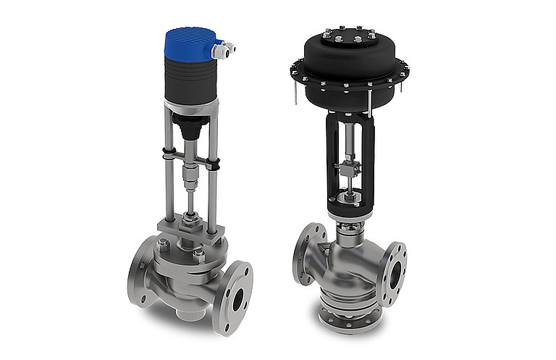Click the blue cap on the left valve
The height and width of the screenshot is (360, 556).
click(x=191, y=42)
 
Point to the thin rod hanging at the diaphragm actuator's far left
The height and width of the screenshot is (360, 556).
click(x=295, y=93)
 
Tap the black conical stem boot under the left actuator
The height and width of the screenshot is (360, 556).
click(x=190, y=129)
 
